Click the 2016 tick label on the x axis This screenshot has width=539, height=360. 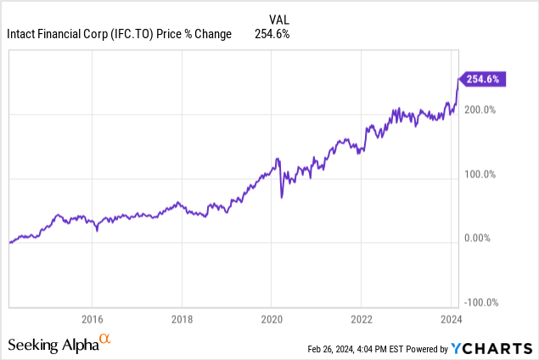click(92, 319)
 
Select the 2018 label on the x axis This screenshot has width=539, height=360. click(182, 319)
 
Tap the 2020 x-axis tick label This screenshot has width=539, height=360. click(272, 319)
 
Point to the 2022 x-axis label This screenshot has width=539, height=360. click(361, 319)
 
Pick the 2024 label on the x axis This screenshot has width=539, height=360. click(450, 319)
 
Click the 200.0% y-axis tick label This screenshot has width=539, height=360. click(480, 110)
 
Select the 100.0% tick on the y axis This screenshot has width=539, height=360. click(480, 175)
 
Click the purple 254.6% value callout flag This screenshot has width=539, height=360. click(482, 79)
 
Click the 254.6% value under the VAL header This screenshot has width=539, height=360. click(272, 34)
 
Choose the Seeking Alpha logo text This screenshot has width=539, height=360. click(52, 345)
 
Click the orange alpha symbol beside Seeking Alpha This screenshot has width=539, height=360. click(105, 340)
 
